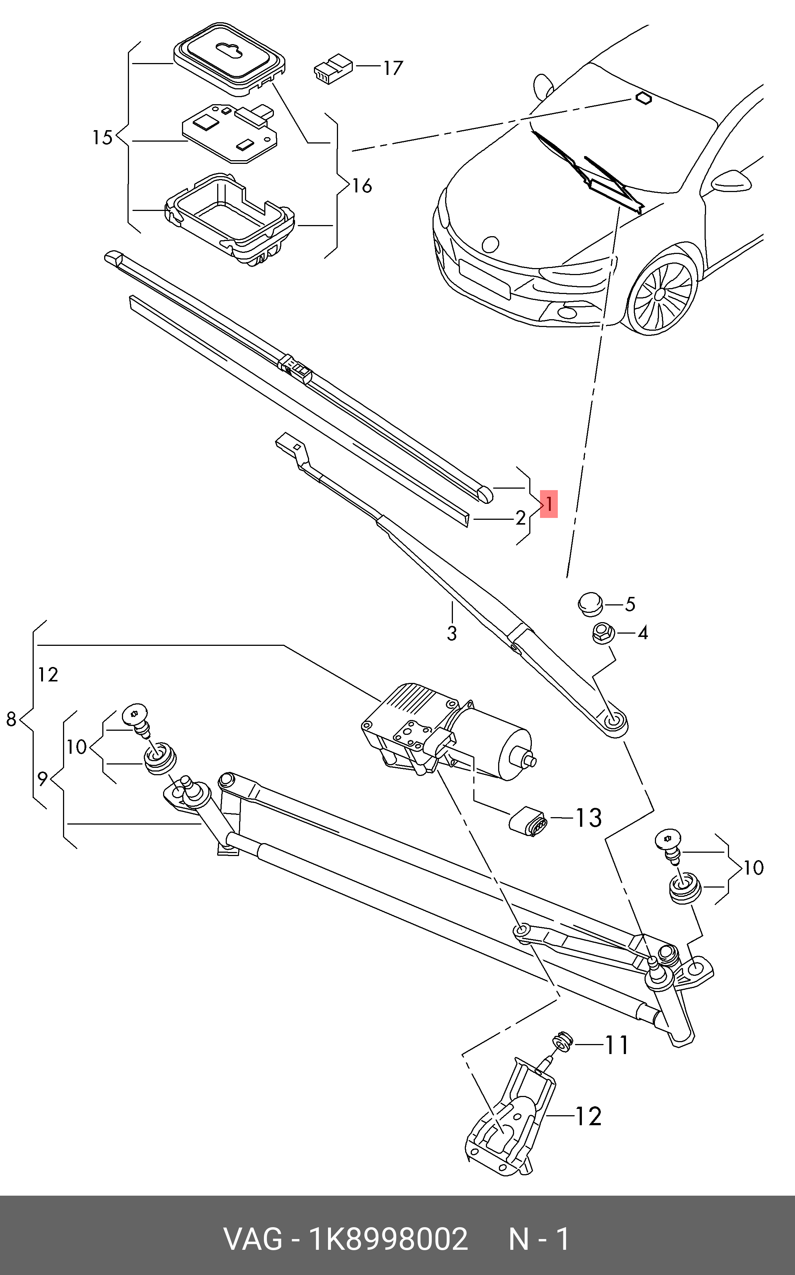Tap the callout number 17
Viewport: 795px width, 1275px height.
point(393,68)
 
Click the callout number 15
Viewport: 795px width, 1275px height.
point(103,138)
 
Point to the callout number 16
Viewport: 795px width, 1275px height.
point(362,186)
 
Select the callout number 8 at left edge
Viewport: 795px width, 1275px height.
point(11,719)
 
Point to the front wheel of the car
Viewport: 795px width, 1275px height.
point(662,294)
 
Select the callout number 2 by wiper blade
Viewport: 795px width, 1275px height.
point(520,518)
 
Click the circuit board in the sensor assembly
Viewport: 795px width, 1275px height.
point(229,132)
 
